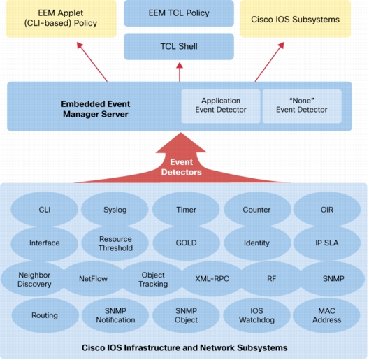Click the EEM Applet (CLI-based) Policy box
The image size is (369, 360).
click(x=61, y=18)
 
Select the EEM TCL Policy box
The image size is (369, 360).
click(x=179, y=13)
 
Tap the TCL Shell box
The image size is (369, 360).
click(x=179, y=46)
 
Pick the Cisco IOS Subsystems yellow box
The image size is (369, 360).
click(x=296, y=19)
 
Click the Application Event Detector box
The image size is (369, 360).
click(x=221, y=106)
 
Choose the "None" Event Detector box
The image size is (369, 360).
click(x=302, y=106)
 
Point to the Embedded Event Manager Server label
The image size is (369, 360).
click(x=96, y=109)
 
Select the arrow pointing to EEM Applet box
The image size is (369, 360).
click(x=92, y=62)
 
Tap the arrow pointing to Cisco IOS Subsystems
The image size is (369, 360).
click(x=270, y=62)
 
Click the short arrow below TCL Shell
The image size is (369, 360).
click(x=180, y=72)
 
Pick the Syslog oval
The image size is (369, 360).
click(x=115, y=209)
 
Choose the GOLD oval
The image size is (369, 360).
click(x=186, y=243)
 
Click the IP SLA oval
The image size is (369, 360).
click(x=327, y=243)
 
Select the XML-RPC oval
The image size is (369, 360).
click(x=212, y=279)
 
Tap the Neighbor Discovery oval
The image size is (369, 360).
click(x=34, y=279)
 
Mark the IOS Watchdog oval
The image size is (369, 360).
click(x=256, y=315)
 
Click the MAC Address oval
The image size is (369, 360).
click(x=326, y=315)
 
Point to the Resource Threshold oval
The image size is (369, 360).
click(x=115, y=243)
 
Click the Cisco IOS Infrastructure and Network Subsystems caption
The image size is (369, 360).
click(x=184, y=347)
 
